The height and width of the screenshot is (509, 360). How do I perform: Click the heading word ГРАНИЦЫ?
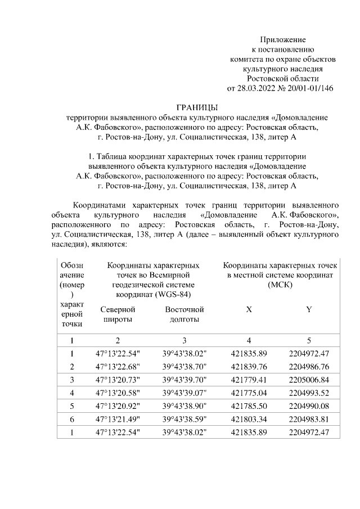[196, 107]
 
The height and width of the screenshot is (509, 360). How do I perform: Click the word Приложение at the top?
[282, 39]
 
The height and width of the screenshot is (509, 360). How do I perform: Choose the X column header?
[249, 310]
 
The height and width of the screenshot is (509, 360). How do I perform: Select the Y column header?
[309, 310]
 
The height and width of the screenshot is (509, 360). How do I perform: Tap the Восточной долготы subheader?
[184, 314]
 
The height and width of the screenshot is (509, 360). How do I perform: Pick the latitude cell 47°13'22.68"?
[118, 367]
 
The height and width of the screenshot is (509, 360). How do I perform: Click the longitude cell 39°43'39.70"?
[184, 380]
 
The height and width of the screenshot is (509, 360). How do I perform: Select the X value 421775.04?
[249, 393]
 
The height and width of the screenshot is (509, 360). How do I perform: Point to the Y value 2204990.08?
[308, 406]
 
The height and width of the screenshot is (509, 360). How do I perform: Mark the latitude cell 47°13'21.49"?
[118, 418]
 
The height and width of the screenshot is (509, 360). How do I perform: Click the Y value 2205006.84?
[308, 380]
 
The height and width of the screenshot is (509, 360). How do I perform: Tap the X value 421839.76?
[249, 367]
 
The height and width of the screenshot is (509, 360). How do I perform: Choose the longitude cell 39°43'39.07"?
[184, 393]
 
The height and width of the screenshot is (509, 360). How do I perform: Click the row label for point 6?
[71, 418]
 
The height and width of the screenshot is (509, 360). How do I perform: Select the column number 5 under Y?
[308, 340]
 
